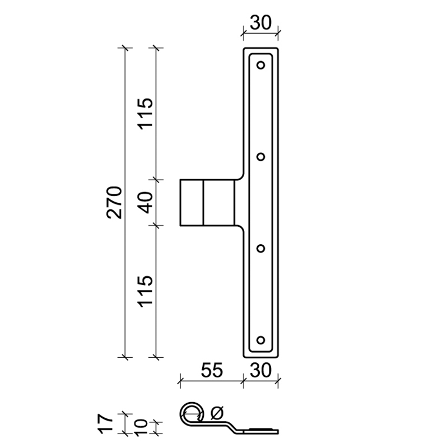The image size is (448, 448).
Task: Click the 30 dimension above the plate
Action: coord(260,23)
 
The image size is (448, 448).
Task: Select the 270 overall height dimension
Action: coord(114,202)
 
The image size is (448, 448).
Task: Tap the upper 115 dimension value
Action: coord(145,113)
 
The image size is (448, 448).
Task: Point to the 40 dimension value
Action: coord(145,202)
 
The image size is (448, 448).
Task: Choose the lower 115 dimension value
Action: coord(145,291)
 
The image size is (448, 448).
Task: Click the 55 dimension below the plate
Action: coord(212,370)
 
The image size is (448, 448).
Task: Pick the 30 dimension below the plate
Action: coord(260,370)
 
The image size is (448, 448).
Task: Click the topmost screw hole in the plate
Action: coord(260,65)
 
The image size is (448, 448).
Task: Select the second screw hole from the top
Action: coord(260,157)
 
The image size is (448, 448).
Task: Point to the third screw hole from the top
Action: coord(260,248)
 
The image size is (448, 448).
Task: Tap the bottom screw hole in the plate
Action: coord(260,339)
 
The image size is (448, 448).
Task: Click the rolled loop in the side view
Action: coord(192,413)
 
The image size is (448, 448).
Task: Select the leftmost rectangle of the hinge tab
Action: coord(192,203)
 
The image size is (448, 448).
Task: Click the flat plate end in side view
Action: coord(261,431)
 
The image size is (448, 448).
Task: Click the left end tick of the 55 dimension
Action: coord(180,382)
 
